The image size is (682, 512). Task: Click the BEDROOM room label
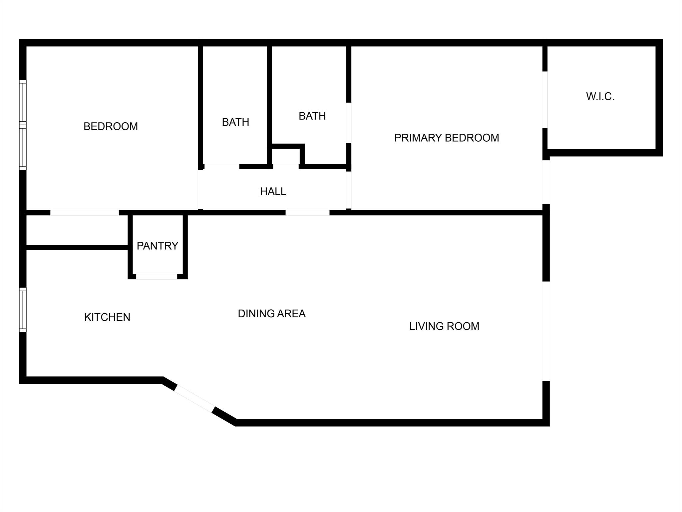[x=111, y=126]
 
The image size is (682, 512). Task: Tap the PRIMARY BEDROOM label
[x=447, y=138]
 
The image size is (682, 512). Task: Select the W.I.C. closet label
[x=600, y=96]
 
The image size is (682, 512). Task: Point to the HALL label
[x=273, y=191]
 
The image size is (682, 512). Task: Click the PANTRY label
[x=158, y=246]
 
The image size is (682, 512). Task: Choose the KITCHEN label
[x=107, y=317]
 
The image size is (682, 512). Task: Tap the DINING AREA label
[x=272, y=313]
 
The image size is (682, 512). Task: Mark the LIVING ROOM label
[x=444, y=326]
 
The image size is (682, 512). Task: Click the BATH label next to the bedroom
[x=235, y=122]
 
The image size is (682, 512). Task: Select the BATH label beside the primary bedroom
[x=312, y=116]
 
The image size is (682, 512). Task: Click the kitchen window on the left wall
[x=23, y=310]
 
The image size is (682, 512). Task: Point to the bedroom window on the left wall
[x=23, y=125]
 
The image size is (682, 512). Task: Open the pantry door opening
[x=157, y=277]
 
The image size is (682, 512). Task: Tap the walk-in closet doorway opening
[x=545, y=100]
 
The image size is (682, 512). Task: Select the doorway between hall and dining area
[x=307, y=213]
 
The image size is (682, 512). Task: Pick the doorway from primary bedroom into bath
[x=349, y=123]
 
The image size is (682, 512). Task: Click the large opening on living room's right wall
[x=546, y=331]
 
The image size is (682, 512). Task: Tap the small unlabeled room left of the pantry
[x=77, y=230]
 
